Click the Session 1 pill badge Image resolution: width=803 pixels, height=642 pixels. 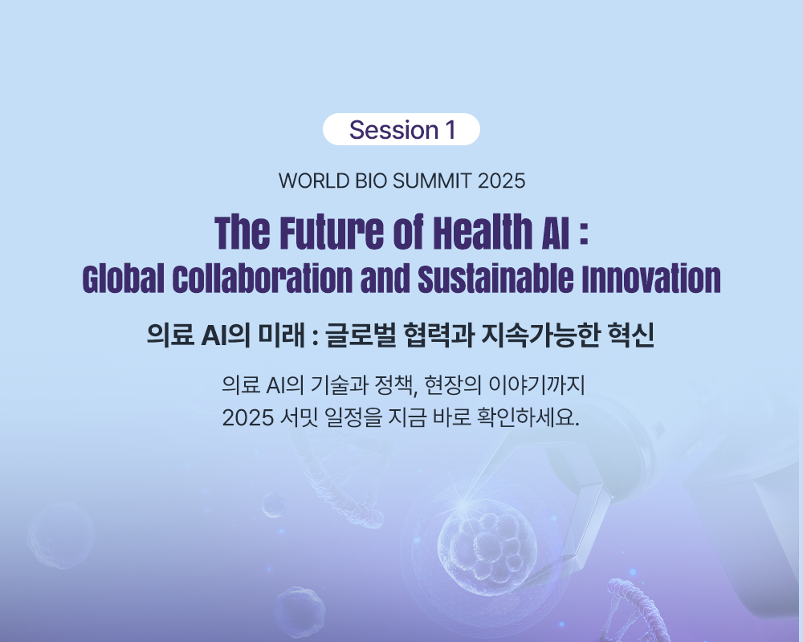[x=401, y=129]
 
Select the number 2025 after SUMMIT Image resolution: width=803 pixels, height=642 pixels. [x=501, y=181]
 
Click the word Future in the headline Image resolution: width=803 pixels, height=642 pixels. [x=332, y=233]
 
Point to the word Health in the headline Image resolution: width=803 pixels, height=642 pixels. [x=483, y=233]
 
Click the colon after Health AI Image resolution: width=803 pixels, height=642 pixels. [x=583, y=236]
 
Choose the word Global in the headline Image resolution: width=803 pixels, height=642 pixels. [x=124, y=279]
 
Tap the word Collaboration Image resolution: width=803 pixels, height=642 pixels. [x=263, y=279]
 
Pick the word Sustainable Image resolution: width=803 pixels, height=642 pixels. [x=495, y=279]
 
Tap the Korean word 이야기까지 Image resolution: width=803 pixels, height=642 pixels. [x=536, y=385]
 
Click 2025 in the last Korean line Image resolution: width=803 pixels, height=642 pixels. [x=247, y=418]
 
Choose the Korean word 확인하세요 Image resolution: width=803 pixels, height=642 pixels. [x=528, y=418]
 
